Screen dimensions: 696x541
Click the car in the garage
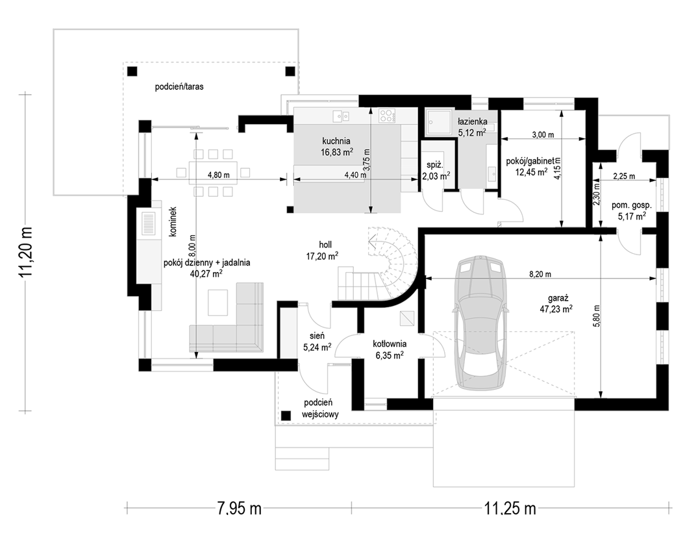point(482,323)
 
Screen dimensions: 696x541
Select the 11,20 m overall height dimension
point(26,252)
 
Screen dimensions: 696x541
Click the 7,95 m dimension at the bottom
point(239,508)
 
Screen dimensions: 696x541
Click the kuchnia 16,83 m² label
point(336,147)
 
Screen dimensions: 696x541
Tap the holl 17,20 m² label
point(322,250)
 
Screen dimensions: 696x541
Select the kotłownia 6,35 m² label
point(390,349)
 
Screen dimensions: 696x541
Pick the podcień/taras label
point(179,86)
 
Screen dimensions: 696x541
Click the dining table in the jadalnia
point(212,173)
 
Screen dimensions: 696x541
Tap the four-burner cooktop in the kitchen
point(387,116)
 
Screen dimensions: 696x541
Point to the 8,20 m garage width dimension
point(540,279)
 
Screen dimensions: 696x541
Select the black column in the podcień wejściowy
point(286,415)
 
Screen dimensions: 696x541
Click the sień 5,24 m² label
point(317,342)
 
